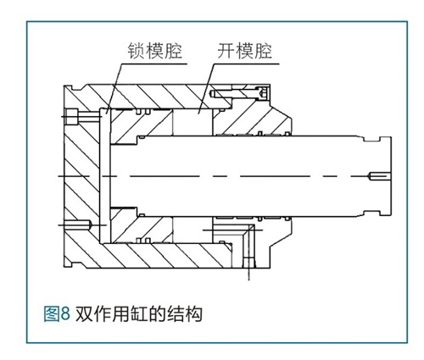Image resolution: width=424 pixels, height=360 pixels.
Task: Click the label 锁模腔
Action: coord(154,51)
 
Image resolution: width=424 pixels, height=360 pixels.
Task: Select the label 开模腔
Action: coord(245,51)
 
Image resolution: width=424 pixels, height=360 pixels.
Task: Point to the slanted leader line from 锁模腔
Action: coord(114,88)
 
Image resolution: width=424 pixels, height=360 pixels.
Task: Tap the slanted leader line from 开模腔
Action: coord(206,88)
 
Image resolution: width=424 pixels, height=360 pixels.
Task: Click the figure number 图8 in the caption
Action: coord(57,313)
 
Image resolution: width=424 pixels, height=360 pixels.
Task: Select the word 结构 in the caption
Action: coord(185,313)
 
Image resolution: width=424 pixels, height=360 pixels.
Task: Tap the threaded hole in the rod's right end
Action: coord(379,176)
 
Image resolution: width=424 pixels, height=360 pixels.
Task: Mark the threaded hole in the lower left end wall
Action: coord(76,225)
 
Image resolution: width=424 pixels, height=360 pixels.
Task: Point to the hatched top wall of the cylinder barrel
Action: coord(159,97)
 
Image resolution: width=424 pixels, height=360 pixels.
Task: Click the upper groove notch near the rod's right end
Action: coord(371,139)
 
